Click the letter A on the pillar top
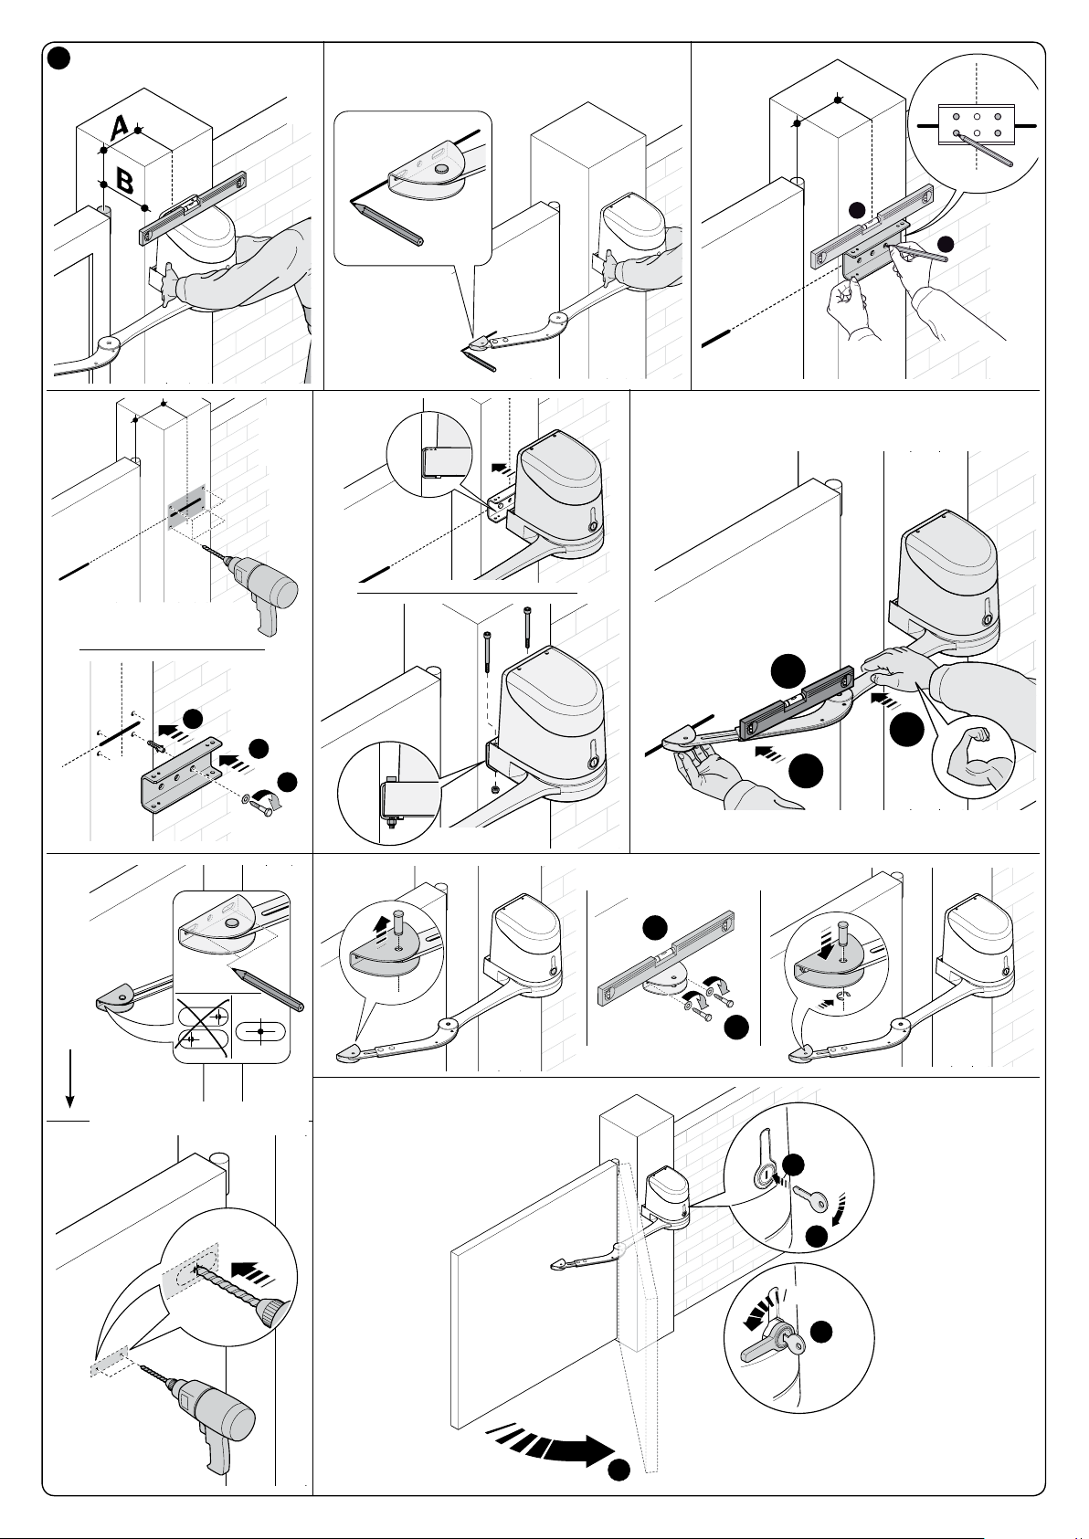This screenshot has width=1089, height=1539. coord(119,129)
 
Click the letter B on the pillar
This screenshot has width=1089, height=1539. coord(125,180)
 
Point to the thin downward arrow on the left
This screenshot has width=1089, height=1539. coord(70,1077)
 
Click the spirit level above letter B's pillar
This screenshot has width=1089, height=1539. coord(193,206)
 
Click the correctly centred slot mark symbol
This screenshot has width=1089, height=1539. coord(260,1030)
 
